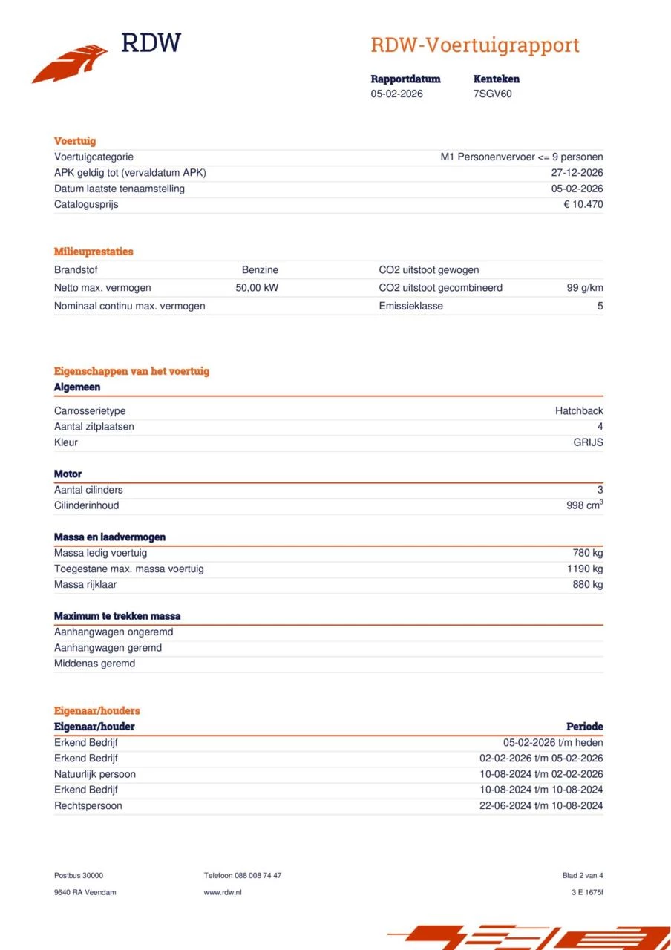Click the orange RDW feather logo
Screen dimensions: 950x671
70,64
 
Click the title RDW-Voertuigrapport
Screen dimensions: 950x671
474,45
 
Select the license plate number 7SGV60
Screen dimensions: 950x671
492,94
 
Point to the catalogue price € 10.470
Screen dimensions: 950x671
583,204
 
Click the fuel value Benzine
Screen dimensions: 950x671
260,270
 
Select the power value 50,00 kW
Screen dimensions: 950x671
257,288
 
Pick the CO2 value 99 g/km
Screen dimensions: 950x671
584,288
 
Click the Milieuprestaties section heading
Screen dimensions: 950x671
94,252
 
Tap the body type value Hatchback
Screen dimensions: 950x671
579,411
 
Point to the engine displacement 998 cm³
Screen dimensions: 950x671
584,505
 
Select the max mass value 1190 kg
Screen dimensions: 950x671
585,569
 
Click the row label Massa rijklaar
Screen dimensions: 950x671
85,584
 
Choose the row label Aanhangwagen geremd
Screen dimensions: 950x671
108,648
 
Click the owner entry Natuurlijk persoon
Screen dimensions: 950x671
95,774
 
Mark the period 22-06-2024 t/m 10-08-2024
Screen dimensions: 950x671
541,805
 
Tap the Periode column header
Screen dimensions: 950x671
584,727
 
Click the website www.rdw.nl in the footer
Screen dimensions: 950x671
223,892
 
